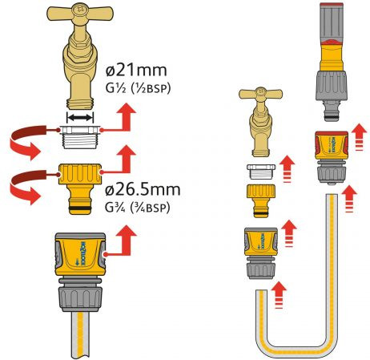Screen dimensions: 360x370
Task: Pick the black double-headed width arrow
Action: click(x=79, y=118)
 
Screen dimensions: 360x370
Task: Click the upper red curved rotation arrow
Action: click(x=28, y=140)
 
